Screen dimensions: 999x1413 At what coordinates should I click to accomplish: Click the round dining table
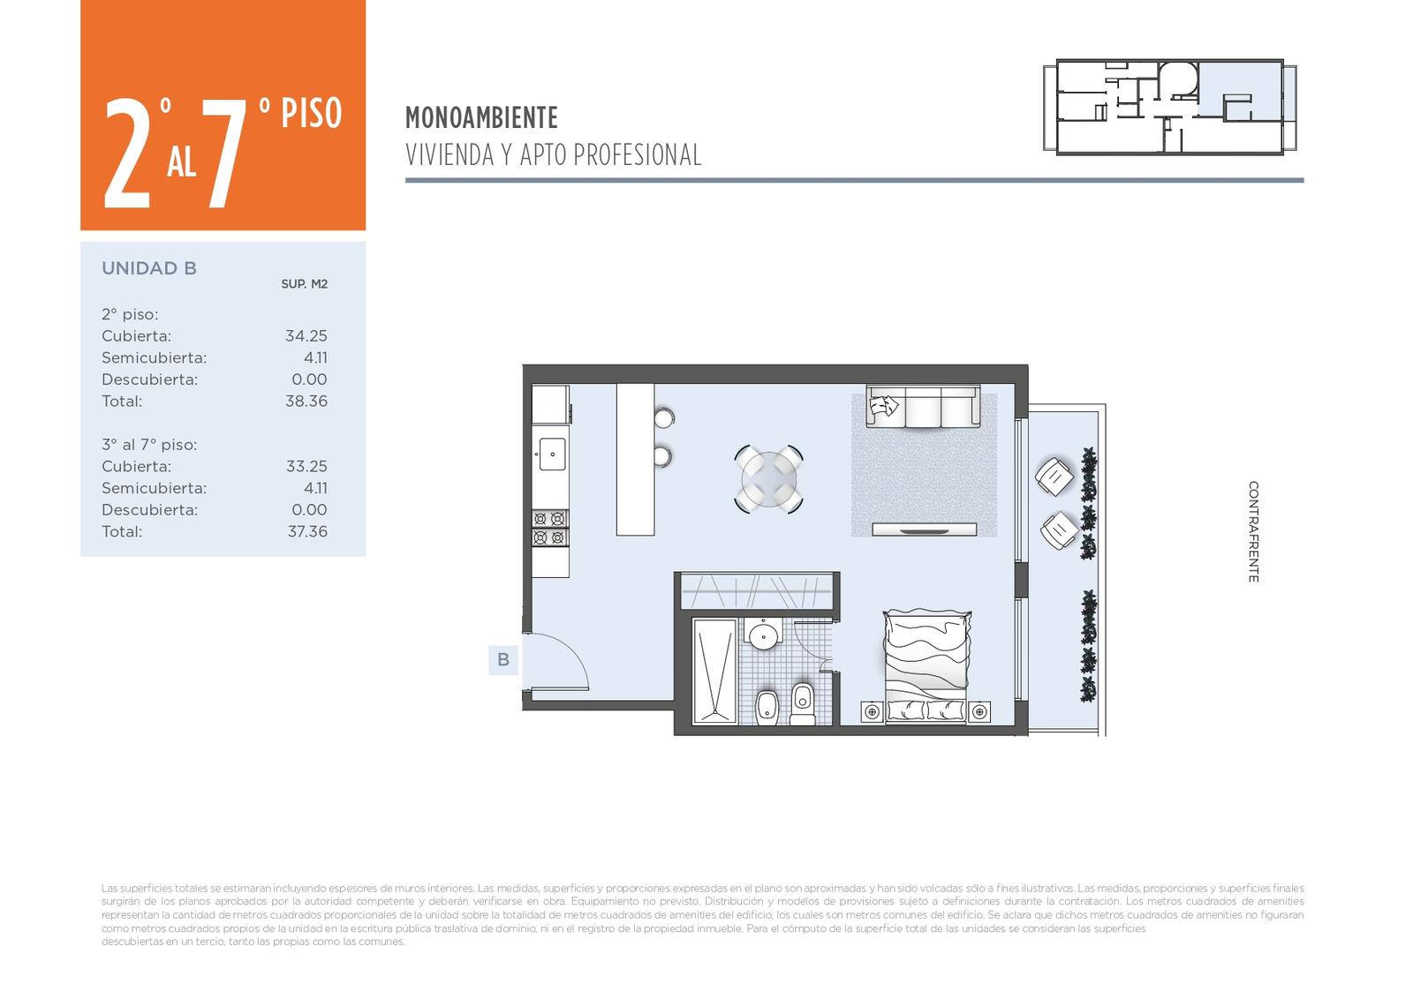coord(768,478)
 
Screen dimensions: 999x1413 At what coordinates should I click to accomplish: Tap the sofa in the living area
coord(923,406)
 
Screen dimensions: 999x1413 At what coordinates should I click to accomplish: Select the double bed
coord(926,665)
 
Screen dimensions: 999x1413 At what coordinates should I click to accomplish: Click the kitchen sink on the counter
coord(552,454)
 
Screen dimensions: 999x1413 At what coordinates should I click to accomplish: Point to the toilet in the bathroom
coord(803,703)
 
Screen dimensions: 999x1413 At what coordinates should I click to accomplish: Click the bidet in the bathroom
coord(767,706)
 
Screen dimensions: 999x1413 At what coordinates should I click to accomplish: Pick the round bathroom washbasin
coord(762,635)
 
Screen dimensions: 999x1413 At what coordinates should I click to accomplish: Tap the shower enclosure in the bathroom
coord(714,672)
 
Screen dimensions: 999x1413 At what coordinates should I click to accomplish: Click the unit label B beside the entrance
coord(503,659)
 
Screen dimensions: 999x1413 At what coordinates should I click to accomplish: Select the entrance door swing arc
coord(565,657)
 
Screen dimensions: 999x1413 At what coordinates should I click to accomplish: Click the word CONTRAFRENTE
coord(1253,531)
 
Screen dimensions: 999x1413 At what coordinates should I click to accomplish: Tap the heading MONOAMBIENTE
coord(481,117)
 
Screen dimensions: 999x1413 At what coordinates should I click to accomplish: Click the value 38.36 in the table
coord(306,402)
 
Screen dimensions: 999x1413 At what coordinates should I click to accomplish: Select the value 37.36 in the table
coord(306,532)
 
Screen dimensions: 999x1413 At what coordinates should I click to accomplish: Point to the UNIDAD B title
coord(149,268)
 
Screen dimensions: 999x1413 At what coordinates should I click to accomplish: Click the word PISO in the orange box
coord(312,113)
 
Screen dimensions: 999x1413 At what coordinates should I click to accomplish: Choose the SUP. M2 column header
coord(304,284)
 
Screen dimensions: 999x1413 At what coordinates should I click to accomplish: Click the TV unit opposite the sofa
coord(924,530)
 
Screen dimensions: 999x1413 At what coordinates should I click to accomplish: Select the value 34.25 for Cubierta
coord(306,336)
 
